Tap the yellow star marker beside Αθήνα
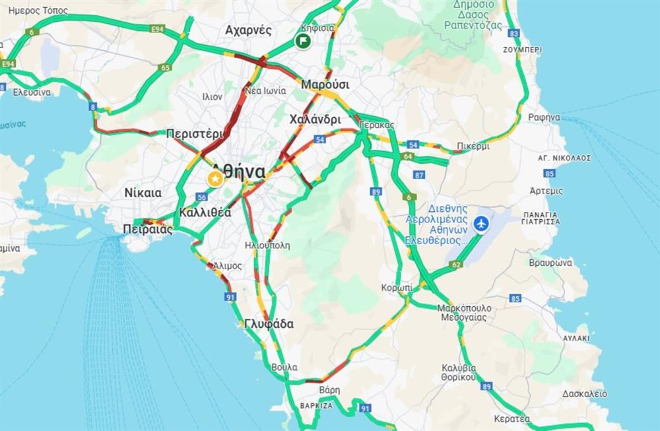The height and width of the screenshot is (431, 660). coord(214,178)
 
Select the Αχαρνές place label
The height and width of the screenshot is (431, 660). coord(248,30)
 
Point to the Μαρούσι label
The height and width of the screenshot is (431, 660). coord(325,85)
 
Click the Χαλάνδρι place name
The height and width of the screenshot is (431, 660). coord(315,119)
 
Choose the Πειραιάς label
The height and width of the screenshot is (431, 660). coord(148,230)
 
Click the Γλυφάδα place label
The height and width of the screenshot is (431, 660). coord(269,324)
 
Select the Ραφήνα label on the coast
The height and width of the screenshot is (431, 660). coord(544,117)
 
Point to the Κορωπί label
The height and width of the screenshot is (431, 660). coord(397,288)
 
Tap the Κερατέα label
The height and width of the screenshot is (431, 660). coord(511,418)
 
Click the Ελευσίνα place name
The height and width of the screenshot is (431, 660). coord(32,92)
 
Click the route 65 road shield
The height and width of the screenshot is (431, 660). coord(165,67)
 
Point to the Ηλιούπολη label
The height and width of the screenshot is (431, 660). coord(267,245)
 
